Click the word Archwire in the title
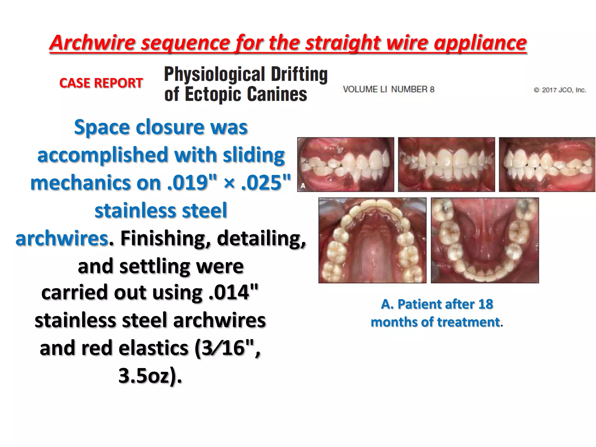pos(93,43)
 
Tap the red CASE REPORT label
pos(101,83)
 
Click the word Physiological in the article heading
pos(214,74)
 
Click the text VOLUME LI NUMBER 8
pos(389,89)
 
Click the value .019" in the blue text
pos(192,183)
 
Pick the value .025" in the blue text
pos(266,183)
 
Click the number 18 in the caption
pos(485,304)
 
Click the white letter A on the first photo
pos(303,186)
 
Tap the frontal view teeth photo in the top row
pos(446,164)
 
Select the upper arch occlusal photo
pos(372,240)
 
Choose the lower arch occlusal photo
pos(485,240)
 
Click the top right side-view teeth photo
pos(547,164)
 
